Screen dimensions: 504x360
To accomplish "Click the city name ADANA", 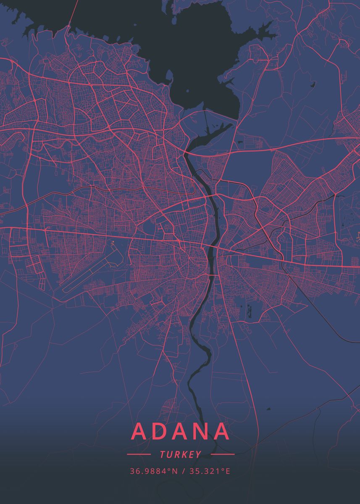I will pos(180,432).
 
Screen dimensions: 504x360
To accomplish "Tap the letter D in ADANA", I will pos(161,432).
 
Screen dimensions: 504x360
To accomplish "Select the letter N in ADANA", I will pos(199,432).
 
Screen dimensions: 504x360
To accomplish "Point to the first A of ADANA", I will pos(141,432).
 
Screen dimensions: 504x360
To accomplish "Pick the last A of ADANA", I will pos(220,432).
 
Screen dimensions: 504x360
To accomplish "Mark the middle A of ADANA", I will pos(180,432).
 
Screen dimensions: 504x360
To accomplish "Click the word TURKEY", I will pos(180,454).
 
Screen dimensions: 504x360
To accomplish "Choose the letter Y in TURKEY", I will pos(198,454).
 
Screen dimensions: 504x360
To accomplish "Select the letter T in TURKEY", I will pos(162,454).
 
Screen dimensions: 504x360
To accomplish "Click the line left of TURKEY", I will pos(139,454).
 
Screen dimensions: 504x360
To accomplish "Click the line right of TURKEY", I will pos(222,454).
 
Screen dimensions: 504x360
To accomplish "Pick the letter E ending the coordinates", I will pos(228,471).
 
